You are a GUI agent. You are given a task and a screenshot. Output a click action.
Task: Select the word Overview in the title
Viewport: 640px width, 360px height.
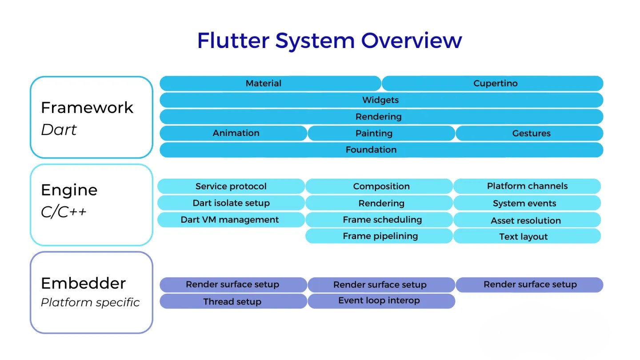[x=412, y=40]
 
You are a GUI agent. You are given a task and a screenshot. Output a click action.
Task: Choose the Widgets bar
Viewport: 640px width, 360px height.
[x=381, y=100]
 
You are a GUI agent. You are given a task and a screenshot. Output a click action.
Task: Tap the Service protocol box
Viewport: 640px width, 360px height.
[x=231, y=186]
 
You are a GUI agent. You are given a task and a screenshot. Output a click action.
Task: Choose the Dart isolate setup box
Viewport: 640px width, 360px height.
[x=231, y=203]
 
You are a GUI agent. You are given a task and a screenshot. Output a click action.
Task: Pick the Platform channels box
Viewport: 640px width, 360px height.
[x=527, y=186]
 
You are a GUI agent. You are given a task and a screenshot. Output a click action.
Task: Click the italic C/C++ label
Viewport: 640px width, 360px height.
[x=64, y=212]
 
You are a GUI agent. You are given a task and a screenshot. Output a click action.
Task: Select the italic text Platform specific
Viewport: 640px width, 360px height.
[x=90, y=303]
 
